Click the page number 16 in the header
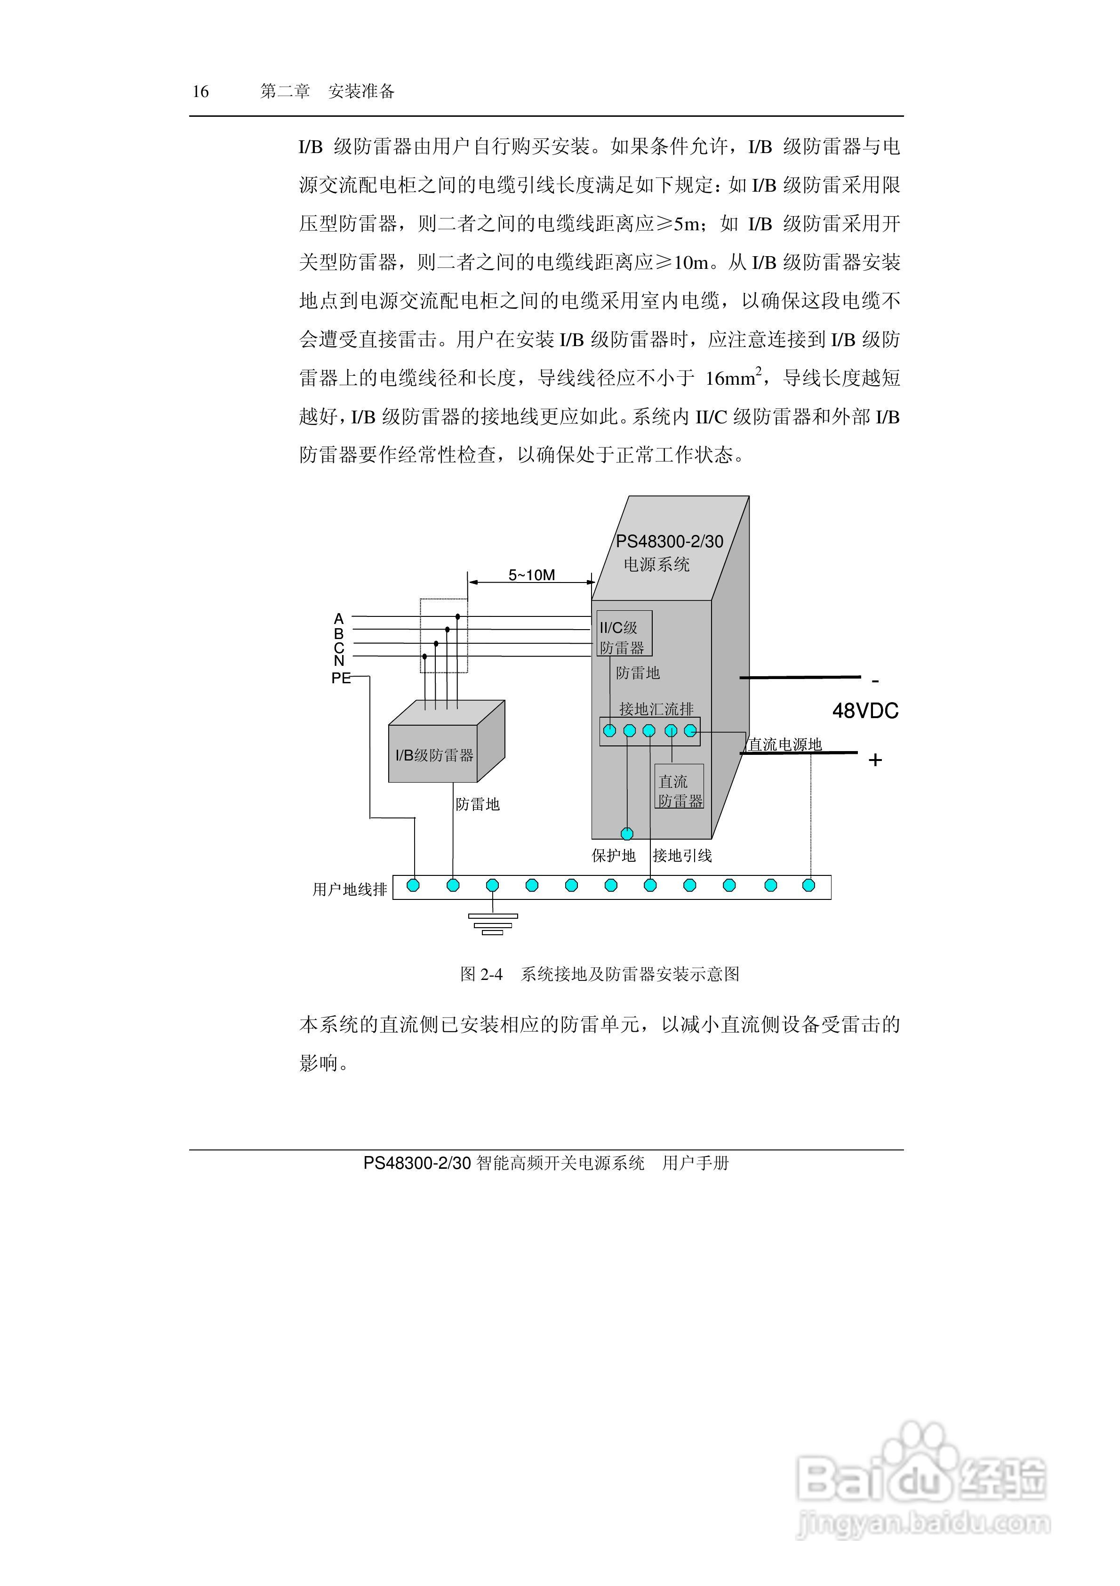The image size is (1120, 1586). [x=200, y=91]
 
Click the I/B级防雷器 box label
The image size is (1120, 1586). [x=434, y=755]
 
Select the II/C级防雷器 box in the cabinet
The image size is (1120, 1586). [x=624, y=634]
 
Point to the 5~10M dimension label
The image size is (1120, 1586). [x=532, y=575]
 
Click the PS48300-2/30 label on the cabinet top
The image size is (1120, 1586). [x=669, y=542]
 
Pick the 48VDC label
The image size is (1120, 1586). [x=865, y=711]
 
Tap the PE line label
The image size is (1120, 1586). [x=341, y=678]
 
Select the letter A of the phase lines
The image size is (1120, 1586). [x=338, y=618]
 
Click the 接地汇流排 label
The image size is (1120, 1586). [x=656, y=709]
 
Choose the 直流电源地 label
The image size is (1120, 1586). [x=785, y=744]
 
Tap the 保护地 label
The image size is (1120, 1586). [x=613, y=855]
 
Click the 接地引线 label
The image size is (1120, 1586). [x=682, y=855]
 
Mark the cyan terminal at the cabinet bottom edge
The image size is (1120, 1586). [x=627, y=834]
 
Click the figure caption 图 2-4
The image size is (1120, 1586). [x=481, y=974]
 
